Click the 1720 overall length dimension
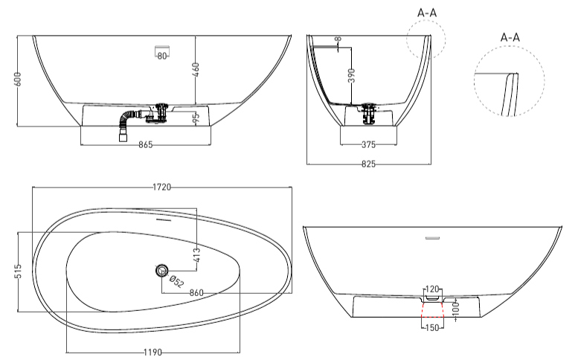coord(162,187)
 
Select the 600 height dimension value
coord(18,80)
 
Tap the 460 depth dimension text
coord(196,70)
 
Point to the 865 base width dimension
coord(146,145)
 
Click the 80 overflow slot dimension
coord(162,57)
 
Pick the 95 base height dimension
coord(196,118)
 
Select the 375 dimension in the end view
coord(368,144)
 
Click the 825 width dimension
coord(368,164)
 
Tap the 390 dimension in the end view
coord(352,76)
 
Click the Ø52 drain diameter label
coord(176,281)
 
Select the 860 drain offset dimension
coord(196,293)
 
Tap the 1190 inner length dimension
coord(152,353)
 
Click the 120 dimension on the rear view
coord(432,289)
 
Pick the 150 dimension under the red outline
coord(432,327)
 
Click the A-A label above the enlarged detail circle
coord(510,37)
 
